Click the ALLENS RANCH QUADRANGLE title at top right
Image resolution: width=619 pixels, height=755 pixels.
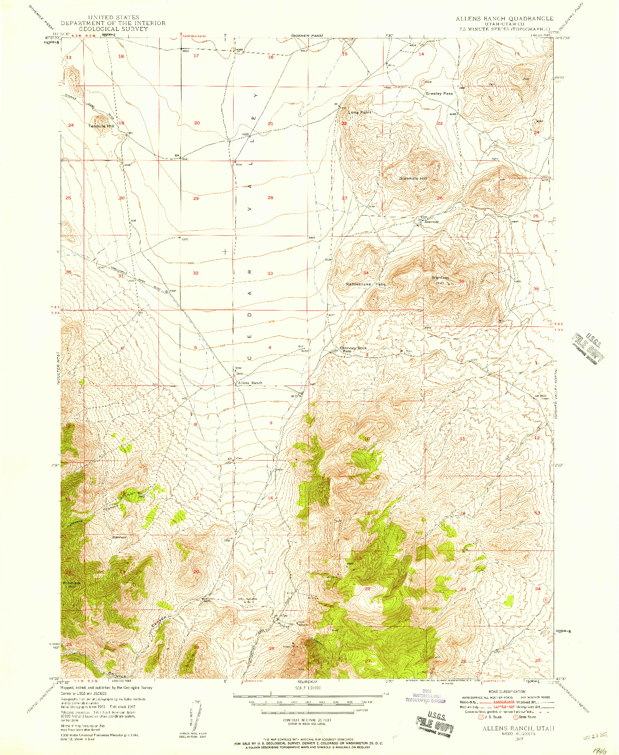click(504, 18)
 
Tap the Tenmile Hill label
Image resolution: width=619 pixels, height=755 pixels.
click(101, 126)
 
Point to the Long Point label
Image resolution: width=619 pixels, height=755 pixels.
click(360, 113)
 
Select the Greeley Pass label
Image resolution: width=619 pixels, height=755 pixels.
click(439, 93)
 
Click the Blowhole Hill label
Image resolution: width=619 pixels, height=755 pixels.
click(413, 178)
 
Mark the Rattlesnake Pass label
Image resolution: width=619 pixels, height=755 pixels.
click(365, 284)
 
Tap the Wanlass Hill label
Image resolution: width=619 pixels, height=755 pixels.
click(440, 280)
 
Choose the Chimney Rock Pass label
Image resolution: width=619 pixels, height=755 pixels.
click(353, 349)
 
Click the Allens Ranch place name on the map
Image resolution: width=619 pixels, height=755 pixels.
click(250, 383)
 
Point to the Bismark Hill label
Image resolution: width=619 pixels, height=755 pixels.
click(72, 585)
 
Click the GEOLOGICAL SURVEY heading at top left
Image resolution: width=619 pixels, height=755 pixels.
click(113, 29)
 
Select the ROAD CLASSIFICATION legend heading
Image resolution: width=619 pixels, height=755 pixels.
click(506, 692)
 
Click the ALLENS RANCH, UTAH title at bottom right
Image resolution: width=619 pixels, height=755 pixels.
click(518, 728)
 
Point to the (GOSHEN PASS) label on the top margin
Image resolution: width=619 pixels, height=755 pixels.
click(307, 36)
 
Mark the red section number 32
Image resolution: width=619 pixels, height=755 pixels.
click(196, 273)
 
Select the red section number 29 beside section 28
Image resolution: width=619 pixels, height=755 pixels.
click(196, 199)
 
